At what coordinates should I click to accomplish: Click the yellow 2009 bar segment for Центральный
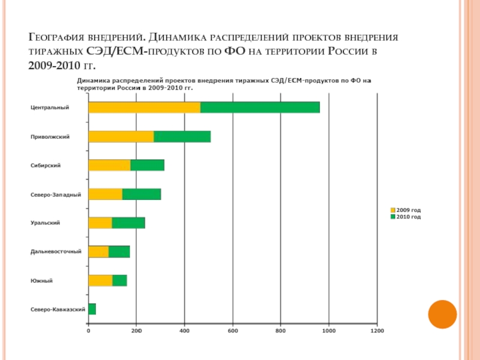(144, 107)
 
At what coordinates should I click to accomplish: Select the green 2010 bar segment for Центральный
(260, 107)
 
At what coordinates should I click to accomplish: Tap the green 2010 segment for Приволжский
(182, 136)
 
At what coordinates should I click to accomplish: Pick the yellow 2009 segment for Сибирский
(109, 165)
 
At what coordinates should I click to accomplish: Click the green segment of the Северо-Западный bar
(142, 194)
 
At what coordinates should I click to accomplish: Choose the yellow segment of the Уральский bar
(100, 223)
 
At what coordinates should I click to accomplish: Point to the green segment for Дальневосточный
(119, 251)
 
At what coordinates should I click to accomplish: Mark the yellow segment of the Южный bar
(100, 280)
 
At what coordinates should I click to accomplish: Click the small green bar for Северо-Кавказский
(92, 309)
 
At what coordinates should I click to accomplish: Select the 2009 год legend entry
(408, 211)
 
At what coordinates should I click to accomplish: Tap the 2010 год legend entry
(408, 217)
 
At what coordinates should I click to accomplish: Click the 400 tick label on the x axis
(185, 330)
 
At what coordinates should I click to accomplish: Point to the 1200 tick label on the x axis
(377, 330)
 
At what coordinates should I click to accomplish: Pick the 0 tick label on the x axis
(88, 330)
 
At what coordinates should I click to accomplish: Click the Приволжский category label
(50, 137)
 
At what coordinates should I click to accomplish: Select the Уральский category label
(45, 223)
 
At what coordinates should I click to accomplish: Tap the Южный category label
(41, 281)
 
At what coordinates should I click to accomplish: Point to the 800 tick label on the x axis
(281, 330)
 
